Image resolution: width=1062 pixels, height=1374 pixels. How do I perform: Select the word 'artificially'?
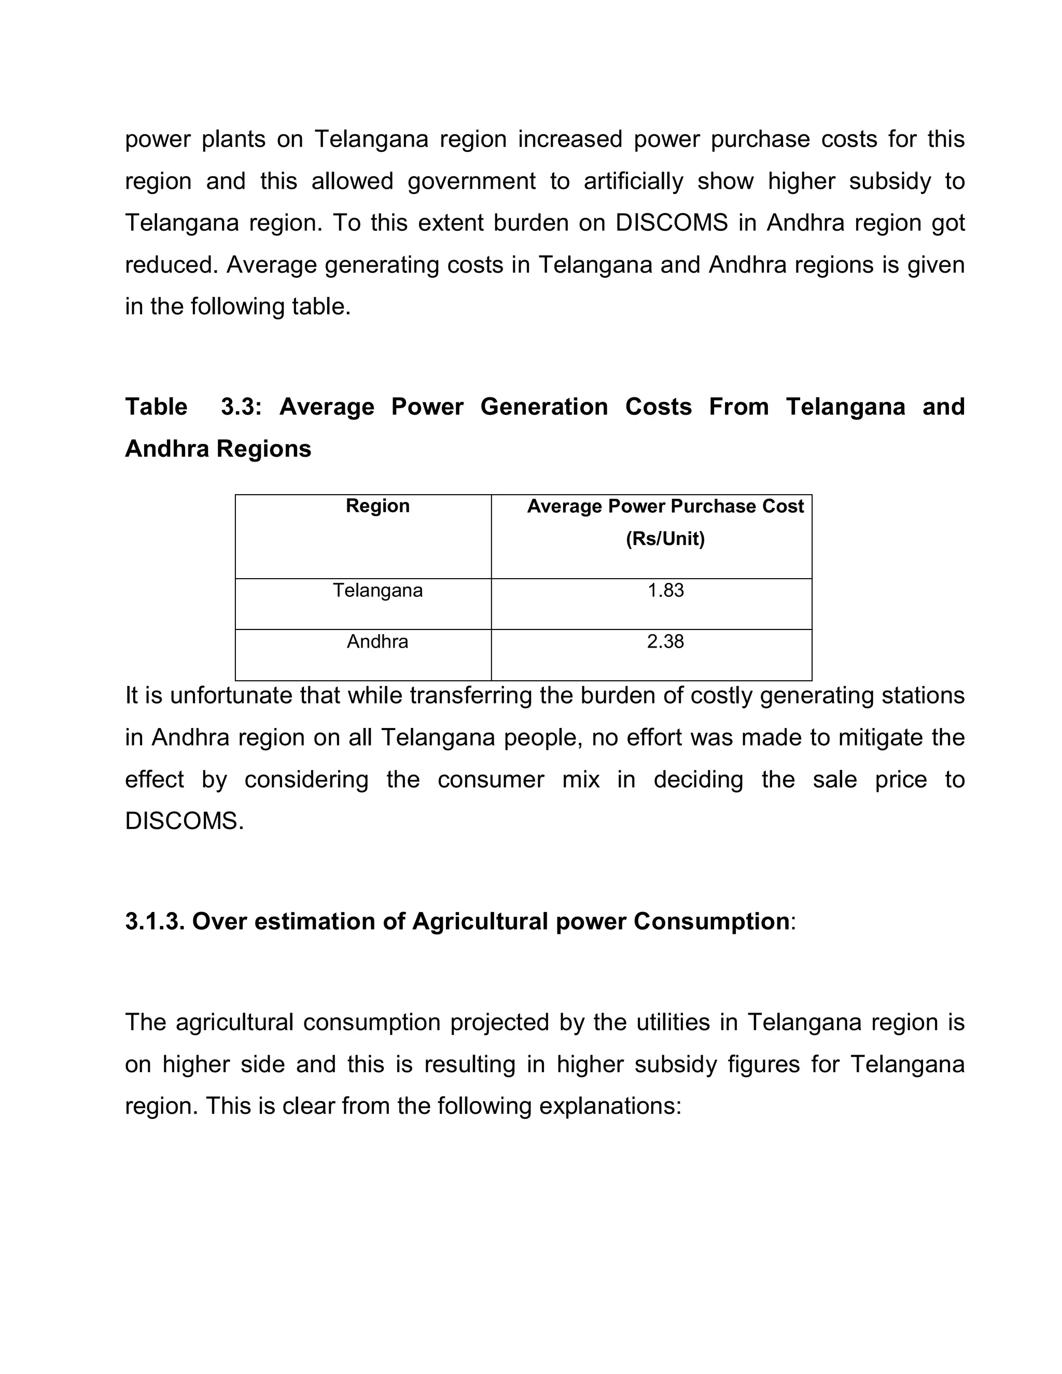(633, 181)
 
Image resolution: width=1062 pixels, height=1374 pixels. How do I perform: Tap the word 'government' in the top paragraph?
(471, 181)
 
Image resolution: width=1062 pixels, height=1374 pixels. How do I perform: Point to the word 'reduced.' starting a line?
(170, 265)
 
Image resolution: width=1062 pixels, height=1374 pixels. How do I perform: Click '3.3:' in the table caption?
(241, 406)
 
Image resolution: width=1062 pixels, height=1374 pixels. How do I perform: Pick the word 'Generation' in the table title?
(543, 406)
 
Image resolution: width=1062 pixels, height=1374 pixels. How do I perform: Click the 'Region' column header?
(378, 506)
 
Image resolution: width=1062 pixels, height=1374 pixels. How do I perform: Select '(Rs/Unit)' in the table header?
(665, 539)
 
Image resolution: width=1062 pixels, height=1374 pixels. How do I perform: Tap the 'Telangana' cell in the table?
(378, 590)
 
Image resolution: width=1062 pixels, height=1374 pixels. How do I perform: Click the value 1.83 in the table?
(665, 590)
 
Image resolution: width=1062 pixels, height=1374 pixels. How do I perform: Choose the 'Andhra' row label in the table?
(378, 642)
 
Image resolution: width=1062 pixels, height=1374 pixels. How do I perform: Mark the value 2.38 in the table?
(665, 642)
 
